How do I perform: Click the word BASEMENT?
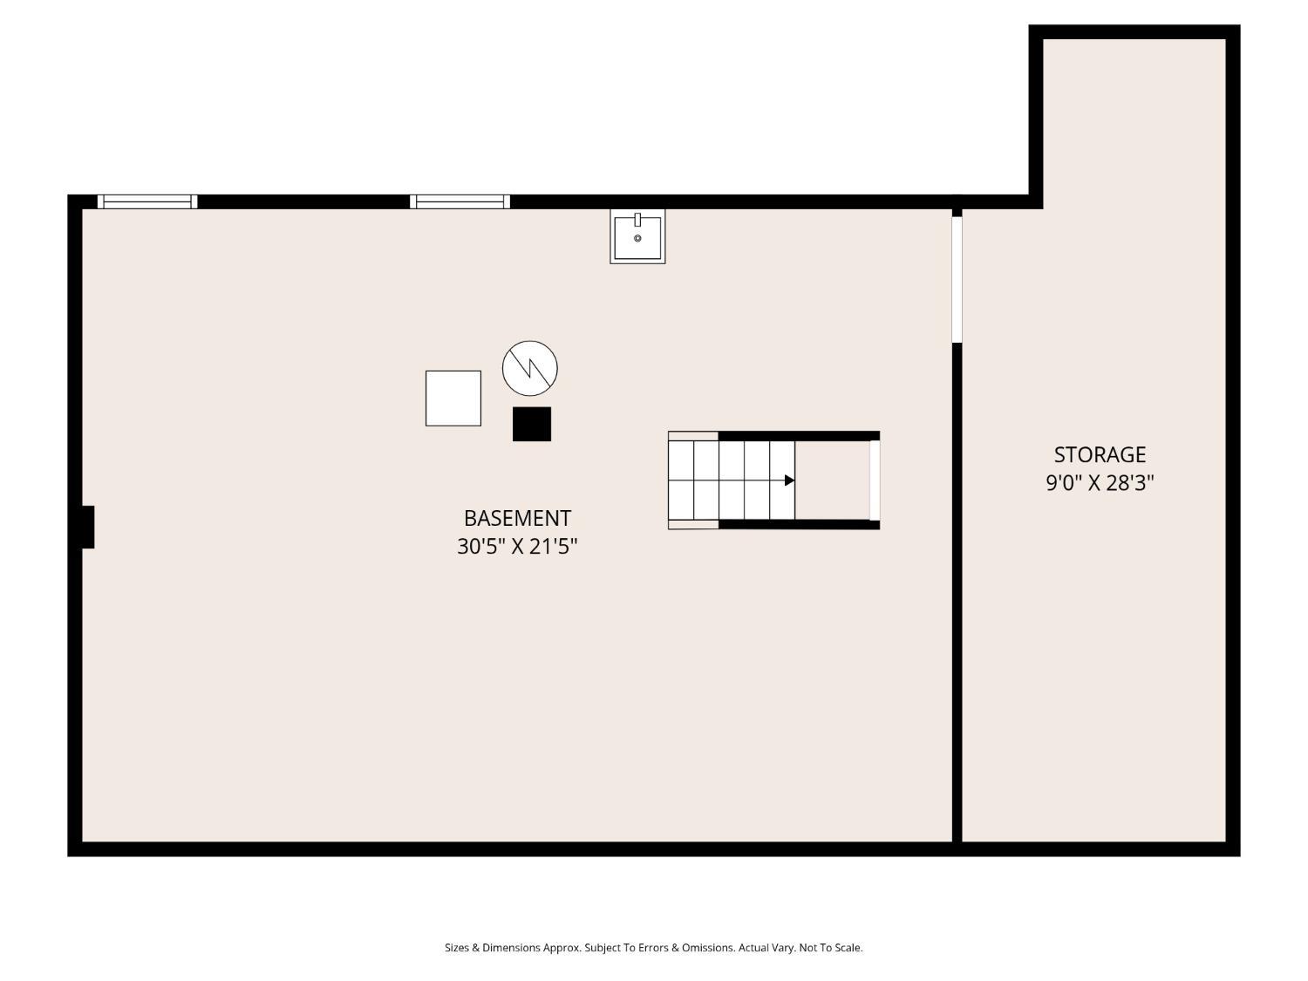click(x=517, y=518)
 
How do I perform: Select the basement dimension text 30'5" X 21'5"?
click(x=517, y=546)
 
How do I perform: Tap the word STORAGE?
click(x=1100, y=455)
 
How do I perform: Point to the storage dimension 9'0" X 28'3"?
click(x=1100, y=482)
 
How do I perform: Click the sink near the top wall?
click(x=637, y=236)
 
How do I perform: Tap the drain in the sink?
click(x=637, y=238)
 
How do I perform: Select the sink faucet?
click(x=637, y=220)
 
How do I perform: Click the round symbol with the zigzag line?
click(x=530, y=368)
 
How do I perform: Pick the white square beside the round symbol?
click(x=453, y=399)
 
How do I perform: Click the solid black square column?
click(x=532, y=424)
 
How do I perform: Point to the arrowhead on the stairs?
click(x=789, y=480)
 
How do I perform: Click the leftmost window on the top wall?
click(x=147, y=202)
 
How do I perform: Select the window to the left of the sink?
click(x=460, y=202)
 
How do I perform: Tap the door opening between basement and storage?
click(x=957, y=279)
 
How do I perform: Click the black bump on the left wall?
click(x=87, y=528)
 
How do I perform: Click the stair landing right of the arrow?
click(x=832, y=480)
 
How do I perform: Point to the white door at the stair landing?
click(x=875, y=480)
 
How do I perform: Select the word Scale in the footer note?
click(x=846, y=948)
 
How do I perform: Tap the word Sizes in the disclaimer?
click(x=457, y=948)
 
